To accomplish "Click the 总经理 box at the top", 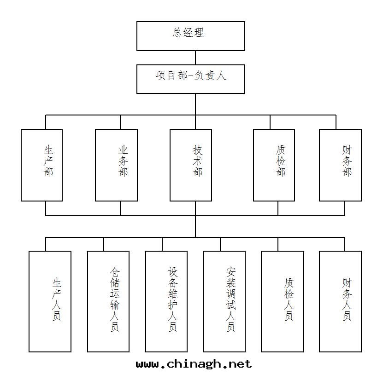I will click(190, 36).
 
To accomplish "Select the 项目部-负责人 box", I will click(190, 79).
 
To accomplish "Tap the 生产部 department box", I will click(42, 165).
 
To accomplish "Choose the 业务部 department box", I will click(116, 165).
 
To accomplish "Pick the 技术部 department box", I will click(191, 165).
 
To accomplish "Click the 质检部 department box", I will click(274, 165).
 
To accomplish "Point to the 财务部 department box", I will click(340, 165).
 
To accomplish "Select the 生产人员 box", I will click(50, 301).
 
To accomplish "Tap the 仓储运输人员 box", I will click(108, 301).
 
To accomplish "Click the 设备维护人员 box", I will click(166, 301).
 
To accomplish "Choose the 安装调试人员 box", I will click(224, 301).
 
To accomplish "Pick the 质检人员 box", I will click(282, 301).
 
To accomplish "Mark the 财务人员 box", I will click(340, 301).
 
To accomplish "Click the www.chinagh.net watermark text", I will click(194, 364).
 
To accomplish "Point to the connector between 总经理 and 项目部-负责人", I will click(195, 58).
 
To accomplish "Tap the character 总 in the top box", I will click(178, 33).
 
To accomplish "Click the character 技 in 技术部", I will click(198, 150).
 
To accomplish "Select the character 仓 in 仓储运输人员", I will click(115, 271).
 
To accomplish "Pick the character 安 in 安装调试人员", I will click(231, 271).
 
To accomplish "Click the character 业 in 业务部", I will click(123, 150).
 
